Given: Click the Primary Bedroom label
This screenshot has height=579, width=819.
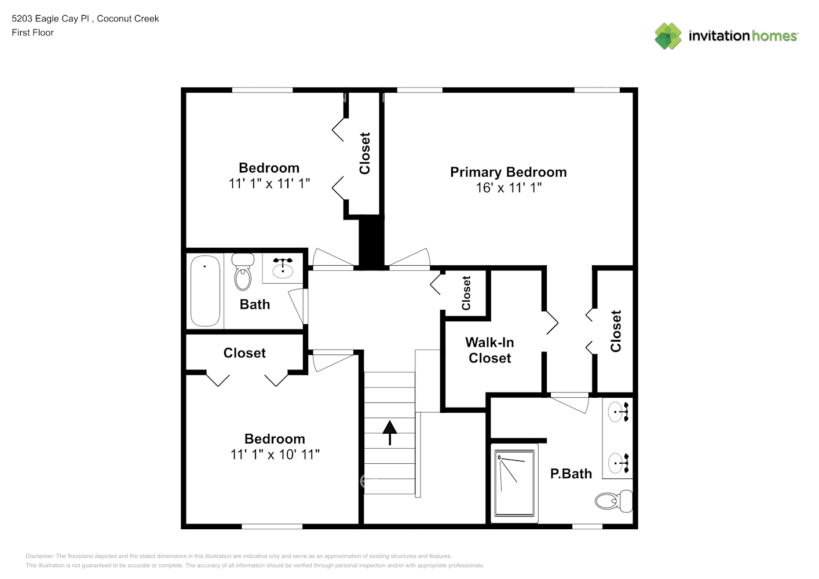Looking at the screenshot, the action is point(508,172).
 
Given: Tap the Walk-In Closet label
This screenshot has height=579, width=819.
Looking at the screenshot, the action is point(489,350).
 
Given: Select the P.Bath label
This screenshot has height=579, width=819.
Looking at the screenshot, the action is point(571,474).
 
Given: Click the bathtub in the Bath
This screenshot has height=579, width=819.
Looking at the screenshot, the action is point(205,291).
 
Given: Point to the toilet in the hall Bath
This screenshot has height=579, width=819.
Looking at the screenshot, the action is point(243,272).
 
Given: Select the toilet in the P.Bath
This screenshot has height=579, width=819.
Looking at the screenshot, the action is point(613,501).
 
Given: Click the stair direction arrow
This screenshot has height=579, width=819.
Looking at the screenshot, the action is point(390,433).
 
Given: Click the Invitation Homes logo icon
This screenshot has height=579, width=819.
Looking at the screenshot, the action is point(668,36).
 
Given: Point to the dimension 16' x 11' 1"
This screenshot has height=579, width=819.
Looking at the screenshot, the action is point(509,188).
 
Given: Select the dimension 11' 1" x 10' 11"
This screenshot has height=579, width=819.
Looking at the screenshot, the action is point(275,455).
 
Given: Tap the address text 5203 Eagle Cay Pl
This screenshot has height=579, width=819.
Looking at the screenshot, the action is point(50,19).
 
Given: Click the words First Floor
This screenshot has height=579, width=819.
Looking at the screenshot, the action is point(32,32).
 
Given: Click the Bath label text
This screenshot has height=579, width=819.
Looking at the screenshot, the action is point(255,305).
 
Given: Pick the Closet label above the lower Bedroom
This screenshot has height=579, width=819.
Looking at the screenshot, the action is point(244,353).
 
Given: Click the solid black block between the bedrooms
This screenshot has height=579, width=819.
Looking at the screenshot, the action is point(371,242).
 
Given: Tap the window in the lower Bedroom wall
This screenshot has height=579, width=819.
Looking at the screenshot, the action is point(272,526).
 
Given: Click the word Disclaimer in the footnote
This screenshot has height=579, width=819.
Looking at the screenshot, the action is point(40,556).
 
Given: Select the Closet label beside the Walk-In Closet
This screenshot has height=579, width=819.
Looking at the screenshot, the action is point(466,293).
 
